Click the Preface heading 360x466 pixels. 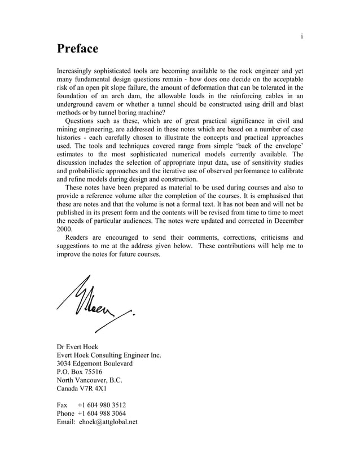click(77, 49)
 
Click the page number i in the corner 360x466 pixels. click(302, 36)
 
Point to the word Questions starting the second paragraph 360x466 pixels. click(81, 120)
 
